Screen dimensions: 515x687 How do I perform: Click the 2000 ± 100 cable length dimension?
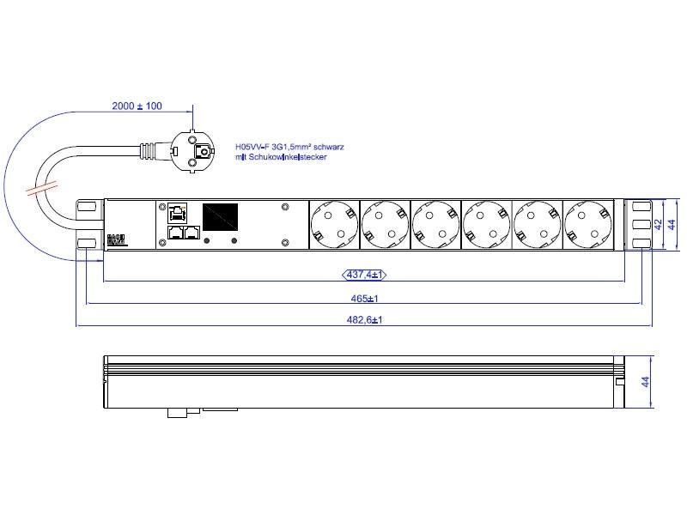(137, 106)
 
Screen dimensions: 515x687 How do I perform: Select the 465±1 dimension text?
(366, 298)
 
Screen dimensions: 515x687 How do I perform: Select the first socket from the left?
(333, 224)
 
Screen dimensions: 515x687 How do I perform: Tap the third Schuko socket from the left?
(435, 224)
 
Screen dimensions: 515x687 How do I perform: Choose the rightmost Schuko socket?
(588, 224)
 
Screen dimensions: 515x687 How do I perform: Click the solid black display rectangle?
(219, 215)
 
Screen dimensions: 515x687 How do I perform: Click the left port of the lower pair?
(175, 233)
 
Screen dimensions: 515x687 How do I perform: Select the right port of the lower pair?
(192, 233)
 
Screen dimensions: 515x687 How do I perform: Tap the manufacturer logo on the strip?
(116, 239)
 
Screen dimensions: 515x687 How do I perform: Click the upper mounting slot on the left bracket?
(86, 207)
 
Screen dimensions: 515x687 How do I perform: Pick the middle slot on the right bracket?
(639, 225)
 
